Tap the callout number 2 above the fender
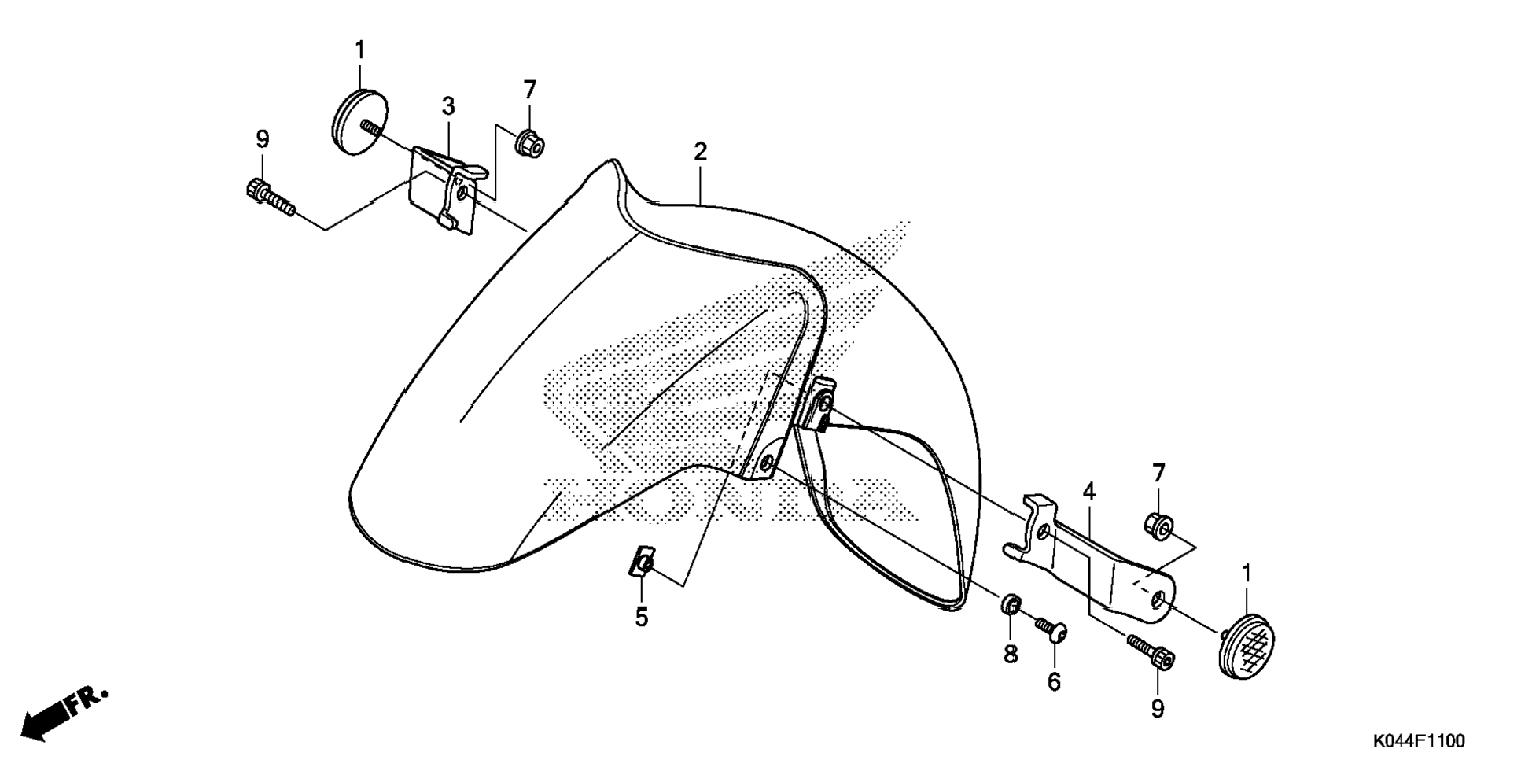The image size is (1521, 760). pyautogui.click(x=700, y=152)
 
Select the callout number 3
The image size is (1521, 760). pyautogui.click(x=447, y=105)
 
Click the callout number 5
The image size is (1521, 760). pyautogui.click(x=642, y=618)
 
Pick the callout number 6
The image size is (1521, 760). pyautogui.click(x=1054, y=681)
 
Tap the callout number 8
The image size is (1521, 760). pyautogui.click(x=1011, y=653)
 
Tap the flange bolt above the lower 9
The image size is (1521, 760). pyautogui.click(x=1151, y=652)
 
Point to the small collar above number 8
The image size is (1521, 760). pyautogui.click(x=1011, y=605)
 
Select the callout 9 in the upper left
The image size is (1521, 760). pyautogui.click(x=263, y=140)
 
